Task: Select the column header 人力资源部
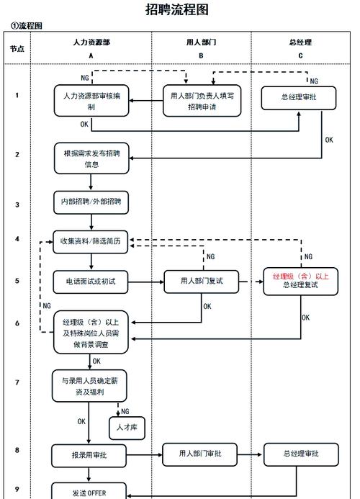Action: point(91,42)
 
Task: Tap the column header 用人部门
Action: point(201,42)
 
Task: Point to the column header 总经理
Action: point(300,42)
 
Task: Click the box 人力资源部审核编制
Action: point(91,101)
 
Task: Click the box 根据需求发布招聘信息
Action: point(91,158)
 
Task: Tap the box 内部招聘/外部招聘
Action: point(91,202)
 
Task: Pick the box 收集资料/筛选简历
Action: point(91,243)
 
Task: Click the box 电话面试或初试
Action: point(91,282)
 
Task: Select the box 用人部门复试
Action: point(201,281)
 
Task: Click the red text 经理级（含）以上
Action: point(300,276)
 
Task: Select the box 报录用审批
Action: point(90,455)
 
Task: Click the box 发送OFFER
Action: point(89,492)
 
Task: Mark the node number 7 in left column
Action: point(17,382)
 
